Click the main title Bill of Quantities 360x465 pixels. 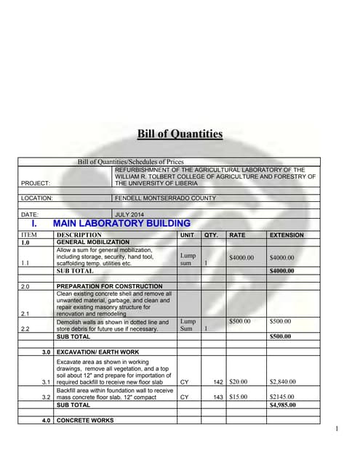180,134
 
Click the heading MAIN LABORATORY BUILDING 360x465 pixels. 121,224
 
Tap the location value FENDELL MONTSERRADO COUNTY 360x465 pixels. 164,198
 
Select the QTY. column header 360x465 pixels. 212,235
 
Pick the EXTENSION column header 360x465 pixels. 287,235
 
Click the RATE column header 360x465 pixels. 237,235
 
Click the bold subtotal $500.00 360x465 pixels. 281,336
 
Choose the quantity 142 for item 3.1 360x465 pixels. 217,381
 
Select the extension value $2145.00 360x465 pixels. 284,397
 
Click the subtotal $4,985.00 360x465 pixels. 284,405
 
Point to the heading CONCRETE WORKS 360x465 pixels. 86,421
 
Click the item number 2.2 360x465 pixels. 25,329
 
